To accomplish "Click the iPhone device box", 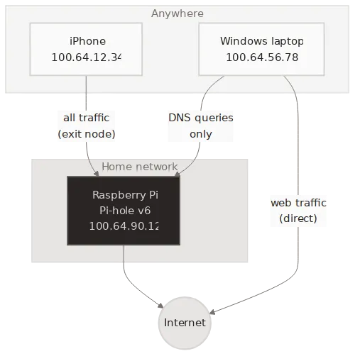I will [87, 48].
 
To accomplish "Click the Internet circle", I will [185, 323].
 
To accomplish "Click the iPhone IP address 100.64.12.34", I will [87, 57].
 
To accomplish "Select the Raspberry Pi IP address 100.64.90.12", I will [124, 226].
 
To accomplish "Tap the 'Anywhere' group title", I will [177, 13].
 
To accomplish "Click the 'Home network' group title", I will [139, 167].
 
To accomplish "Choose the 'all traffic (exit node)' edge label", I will [87, 125].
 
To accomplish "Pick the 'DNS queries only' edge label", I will [201, 125].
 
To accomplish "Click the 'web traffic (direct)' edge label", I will [298, 211].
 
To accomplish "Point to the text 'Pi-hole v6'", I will [124, 210].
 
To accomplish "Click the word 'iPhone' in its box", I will [87, 40].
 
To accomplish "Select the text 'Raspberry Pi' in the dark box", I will [124, 194].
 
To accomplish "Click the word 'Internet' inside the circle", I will [185, 323].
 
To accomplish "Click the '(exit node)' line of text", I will [87, 133].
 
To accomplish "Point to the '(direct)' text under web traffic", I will [298, 218].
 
